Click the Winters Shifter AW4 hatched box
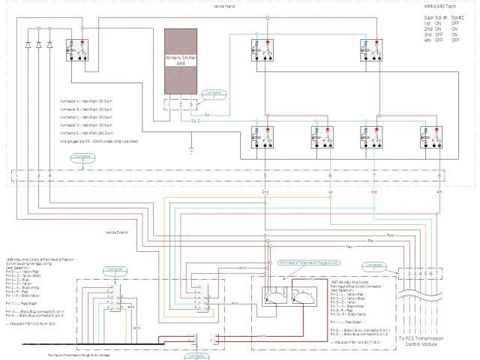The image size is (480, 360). (179, 61)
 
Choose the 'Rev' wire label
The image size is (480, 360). (370, 240)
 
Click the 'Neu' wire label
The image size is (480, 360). (348, 246)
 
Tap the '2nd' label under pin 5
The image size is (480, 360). (265, 192)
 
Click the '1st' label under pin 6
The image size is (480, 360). (330, 192)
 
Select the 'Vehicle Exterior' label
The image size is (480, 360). (116, 232)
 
